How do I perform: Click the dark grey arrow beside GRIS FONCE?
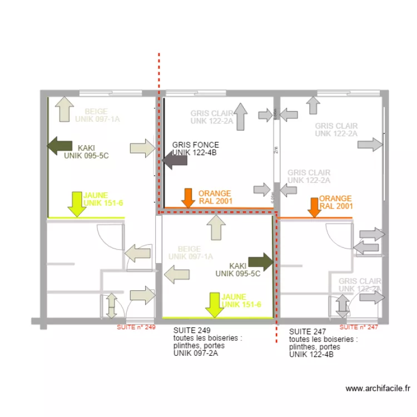[175, 162]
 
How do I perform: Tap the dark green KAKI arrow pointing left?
[59, 146]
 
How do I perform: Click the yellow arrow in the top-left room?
[76, 203]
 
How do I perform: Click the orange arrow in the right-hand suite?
[314, 206]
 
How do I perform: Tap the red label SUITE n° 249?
[136, 327]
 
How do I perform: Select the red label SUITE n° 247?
[359, 327]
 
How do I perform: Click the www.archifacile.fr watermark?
[378, 389]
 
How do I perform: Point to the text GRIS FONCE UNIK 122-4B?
[195, 148]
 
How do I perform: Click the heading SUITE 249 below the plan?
[188, 330]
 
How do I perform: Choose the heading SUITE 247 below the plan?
[304, 331]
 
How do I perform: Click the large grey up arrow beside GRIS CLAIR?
[240, 117]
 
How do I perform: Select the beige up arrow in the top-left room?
[64, 109]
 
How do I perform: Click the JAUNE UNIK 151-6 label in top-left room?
[104, 200]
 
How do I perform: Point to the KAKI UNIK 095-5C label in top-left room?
[86, 152]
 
